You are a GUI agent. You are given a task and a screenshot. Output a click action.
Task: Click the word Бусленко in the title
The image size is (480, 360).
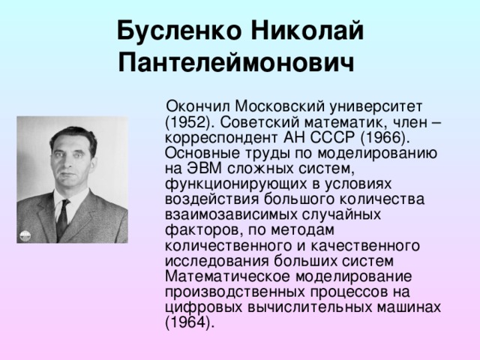tap(179, 30)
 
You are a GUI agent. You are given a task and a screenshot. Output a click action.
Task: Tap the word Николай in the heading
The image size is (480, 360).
tap(307, 30)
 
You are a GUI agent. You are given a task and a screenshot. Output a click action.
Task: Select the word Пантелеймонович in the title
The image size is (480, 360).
tap(236, 63)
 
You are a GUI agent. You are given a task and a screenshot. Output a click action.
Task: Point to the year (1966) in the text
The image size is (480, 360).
tap(385, 138)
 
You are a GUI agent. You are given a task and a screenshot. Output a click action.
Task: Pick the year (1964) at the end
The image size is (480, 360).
tap(189, 322)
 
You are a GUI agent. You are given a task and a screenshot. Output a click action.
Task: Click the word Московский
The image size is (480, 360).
tap(280, 106)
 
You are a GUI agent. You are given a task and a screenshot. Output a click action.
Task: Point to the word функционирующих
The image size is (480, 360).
tap(236, 184)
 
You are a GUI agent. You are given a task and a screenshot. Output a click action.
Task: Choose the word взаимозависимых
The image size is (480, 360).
tap(230, 215)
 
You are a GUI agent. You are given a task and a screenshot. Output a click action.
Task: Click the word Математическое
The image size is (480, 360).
tap(227, 277)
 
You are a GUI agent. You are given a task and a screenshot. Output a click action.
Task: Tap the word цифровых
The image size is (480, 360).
tap(203, 307)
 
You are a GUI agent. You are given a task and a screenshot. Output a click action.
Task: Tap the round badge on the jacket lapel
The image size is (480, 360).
tap(25, 235)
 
